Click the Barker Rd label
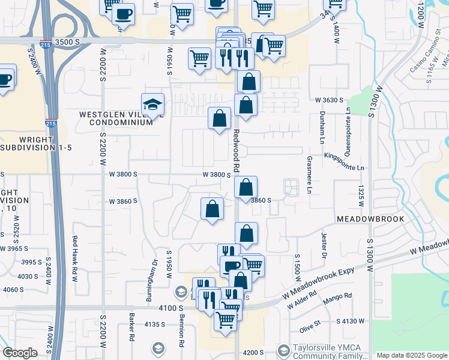tap(131, 325)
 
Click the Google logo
tap(20, 353)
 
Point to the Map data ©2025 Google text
tap(411, 355)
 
